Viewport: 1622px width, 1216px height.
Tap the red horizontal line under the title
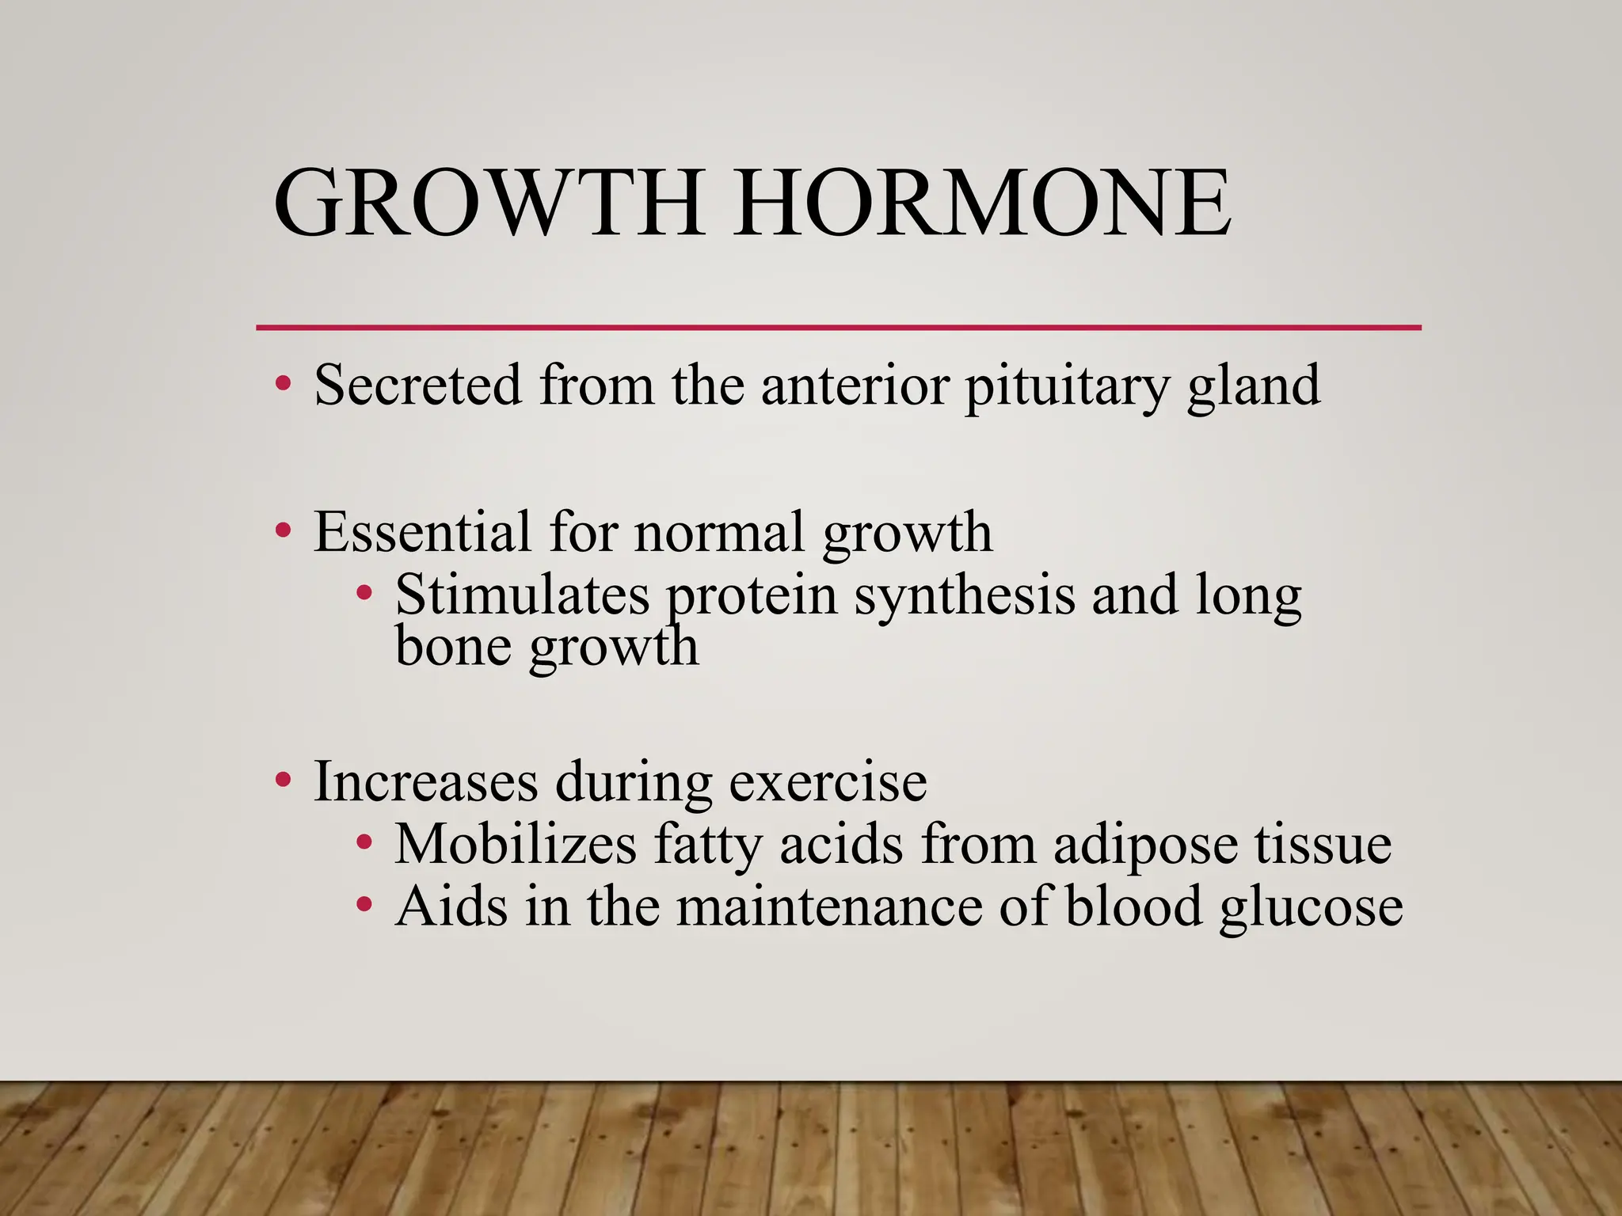[x=838, y=327]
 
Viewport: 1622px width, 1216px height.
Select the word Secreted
[x=418, y=386]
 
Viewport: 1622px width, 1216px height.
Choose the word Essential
[x=422, y=532]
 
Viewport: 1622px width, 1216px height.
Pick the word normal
[x=719, y=532]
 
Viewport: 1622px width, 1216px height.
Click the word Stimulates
[x=523, y=595]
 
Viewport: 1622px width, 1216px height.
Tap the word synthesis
[x=964, y=596]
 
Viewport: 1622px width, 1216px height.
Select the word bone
[x=454, y=646]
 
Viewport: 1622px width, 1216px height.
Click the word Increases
[x=425, y=782]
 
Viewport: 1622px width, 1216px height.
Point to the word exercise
[x=828, y=782]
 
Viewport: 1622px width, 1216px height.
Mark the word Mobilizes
[x=516, y=844]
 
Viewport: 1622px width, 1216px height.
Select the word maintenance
[x=829, y=906]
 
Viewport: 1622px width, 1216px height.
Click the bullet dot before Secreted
[x=283, y=386]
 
